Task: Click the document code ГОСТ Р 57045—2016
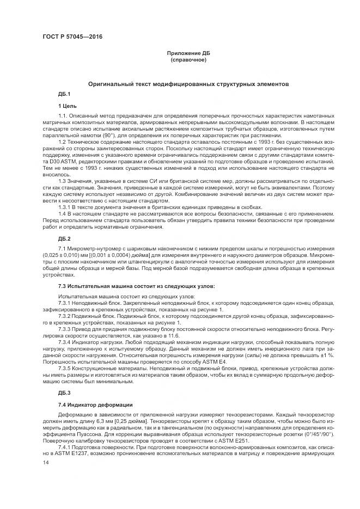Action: (x=72, y=36)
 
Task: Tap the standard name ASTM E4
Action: (x=217, y=360)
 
